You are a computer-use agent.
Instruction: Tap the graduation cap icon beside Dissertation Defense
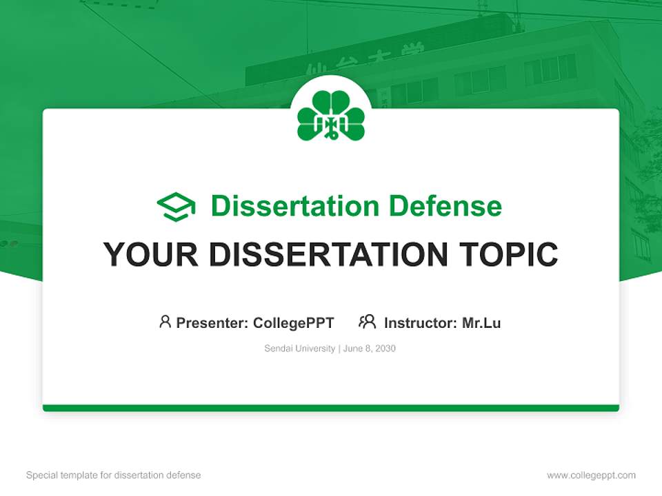coord(176,207)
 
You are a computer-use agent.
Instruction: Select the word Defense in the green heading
coord(445,206)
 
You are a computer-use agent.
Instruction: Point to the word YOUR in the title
coord(151,254)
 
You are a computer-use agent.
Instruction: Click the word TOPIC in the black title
coord(508,254)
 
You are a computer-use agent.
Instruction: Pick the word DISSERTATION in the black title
coord(328,254)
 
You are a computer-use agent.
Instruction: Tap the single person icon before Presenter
coord(165,322)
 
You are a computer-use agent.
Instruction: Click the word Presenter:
coord(212,323)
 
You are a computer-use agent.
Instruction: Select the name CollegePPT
coord(294,323)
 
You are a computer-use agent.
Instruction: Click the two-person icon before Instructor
coord(368,322)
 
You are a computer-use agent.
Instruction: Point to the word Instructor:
coord(421,323)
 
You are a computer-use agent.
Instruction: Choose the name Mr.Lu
coord(481,323)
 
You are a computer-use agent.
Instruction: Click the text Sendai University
coord(299,349)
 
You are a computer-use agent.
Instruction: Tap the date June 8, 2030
coord(370,349)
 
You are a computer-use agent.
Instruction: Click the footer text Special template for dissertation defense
coord(114,475)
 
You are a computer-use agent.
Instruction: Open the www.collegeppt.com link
coord(591,475)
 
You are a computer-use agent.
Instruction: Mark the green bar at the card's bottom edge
coord(331,408)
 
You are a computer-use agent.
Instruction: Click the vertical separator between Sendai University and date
coord(339,349)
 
